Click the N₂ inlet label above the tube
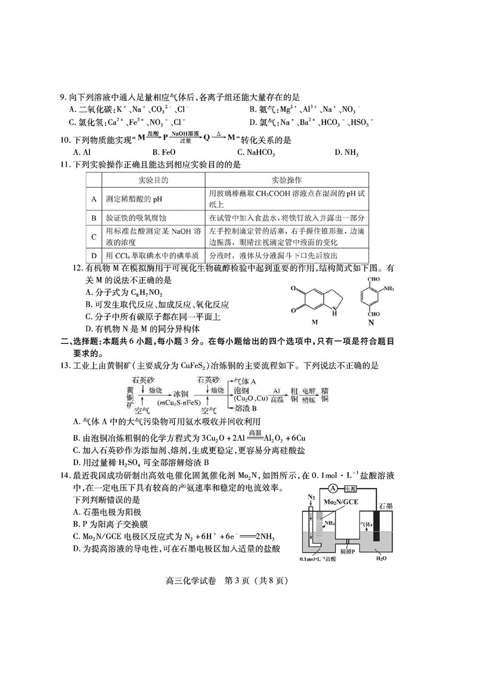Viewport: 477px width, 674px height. coord(311,497)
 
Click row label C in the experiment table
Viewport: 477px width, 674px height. coord(94,237)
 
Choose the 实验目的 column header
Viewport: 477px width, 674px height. coord(153,180)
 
